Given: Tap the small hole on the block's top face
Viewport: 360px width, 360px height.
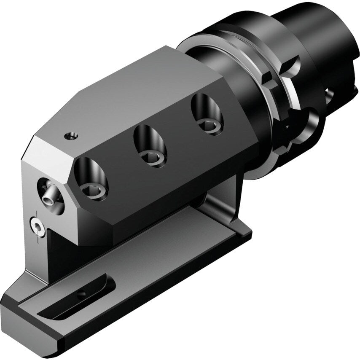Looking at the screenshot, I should coord(70,136).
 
